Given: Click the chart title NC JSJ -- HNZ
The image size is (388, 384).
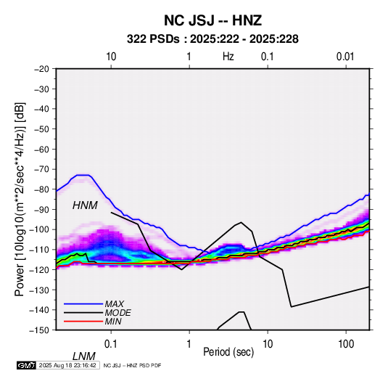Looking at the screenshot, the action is tap(212, 20).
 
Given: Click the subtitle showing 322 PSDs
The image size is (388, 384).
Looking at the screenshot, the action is tap(212, 39).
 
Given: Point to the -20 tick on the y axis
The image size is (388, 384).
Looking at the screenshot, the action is tap(41, 69).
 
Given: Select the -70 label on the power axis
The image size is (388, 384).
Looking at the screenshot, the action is tap(41, 169).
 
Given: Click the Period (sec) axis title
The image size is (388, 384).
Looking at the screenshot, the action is tap(228, 352).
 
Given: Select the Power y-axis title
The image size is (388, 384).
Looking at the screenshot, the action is tap(20, 199).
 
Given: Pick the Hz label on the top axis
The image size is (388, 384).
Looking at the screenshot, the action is tap(228, 57).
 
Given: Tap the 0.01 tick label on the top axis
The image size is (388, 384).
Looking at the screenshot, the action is tap(345, 57).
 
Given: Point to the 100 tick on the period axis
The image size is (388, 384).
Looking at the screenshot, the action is tap(346, 344).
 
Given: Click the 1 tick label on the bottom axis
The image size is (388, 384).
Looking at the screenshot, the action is tap(189, 344).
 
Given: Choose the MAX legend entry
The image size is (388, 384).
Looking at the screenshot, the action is tap(94, 303).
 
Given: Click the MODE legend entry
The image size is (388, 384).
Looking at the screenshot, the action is tap(97, 313).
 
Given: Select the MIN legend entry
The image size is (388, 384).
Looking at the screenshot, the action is tap(93, 322).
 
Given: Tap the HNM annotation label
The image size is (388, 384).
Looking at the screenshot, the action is tap(85, 205).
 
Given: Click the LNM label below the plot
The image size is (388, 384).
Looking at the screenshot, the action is tap(84, 356).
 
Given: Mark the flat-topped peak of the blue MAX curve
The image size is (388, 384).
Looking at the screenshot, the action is tap(83, 175).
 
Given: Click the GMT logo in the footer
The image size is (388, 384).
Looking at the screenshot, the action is tap(27, 365).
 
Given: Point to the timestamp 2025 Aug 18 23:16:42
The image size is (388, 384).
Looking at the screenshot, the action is tap(67, 365).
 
